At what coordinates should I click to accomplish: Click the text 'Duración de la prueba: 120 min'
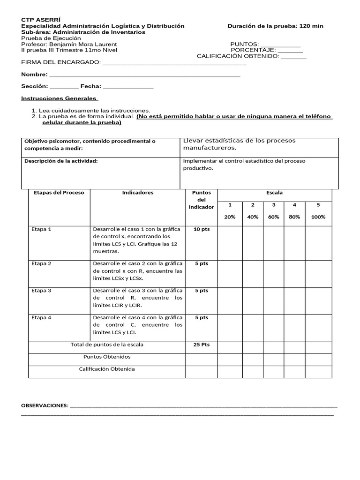tap(275, 26)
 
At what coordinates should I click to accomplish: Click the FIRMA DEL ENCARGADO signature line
tap(174, 62)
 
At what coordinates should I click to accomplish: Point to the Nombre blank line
tap(144, 75)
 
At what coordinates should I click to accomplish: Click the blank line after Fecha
tap(128, 87)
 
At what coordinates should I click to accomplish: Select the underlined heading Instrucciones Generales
tap(59, 99)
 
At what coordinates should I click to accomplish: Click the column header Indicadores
tap(137, 193)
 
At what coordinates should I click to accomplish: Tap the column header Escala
tap(274, 193)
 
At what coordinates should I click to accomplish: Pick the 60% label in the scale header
tap(274, 217)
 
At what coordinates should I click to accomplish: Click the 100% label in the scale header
tap(318, 217)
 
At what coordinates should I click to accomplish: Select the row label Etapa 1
tap(41, 229)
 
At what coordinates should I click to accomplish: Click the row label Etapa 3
tap(41, 291)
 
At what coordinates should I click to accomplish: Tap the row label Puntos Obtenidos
tap(107, 357)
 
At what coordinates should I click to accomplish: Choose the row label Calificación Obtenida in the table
tap(107, 369)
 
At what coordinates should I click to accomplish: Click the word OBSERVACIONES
tap(45, 405)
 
